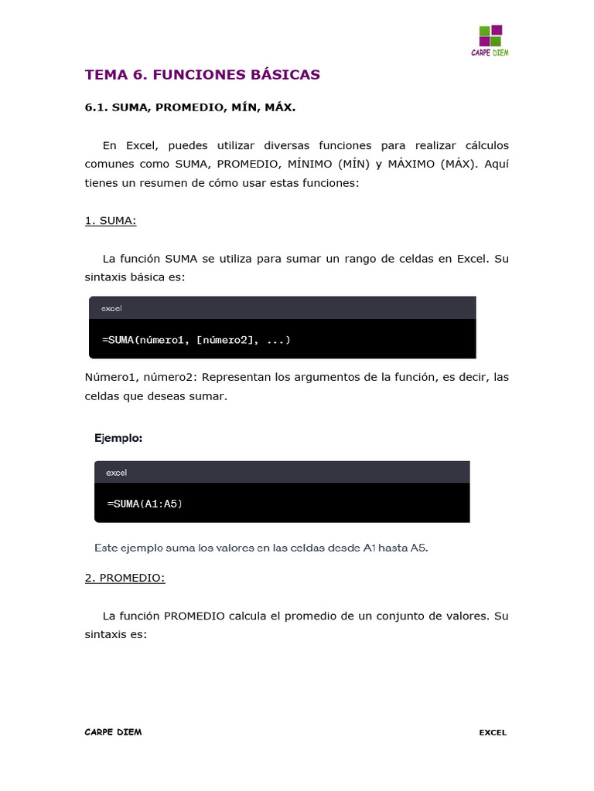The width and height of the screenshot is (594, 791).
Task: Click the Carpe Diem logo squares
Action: tap(490, 36)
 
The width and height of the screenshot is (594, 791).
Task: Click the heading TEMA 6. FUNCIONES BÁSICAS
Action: tap(202, 75)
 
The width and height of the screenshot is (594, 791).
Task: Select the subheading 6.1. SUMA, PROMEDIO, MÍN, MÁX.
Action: tap(190, 108)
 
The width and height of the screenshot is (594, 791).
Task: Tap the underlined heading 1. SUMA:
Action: tap(111, 221)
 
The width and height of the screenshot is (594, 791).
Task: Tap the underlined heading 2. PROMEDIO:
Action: tap(125, 578)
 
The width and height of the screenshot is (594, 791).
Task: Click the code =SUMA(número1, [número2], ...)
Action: tap(196, 340)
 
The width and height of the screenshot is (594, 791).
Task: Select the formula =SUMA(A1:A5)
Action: tap(145, 504)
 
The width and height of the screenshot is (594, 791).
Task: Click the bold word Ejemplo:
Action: tap(118, 438)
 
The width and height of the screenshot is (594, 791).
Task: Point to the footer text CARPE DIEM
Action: tap(113, 732)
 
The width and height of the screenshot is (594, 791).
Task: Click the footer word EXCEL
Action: tap(493, 732)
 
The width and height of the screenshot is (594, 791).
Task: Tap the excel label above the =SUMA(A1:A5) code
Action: tap(116, 472)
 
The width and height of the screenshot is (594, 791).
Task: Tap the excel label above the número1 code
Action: tap(111, 308)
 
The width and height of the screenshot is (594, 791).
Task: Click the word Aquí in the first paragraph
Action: tap(497, 165)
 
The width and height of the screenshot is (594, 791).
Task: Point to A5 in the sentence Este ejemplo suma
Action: tap(418, 548)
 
